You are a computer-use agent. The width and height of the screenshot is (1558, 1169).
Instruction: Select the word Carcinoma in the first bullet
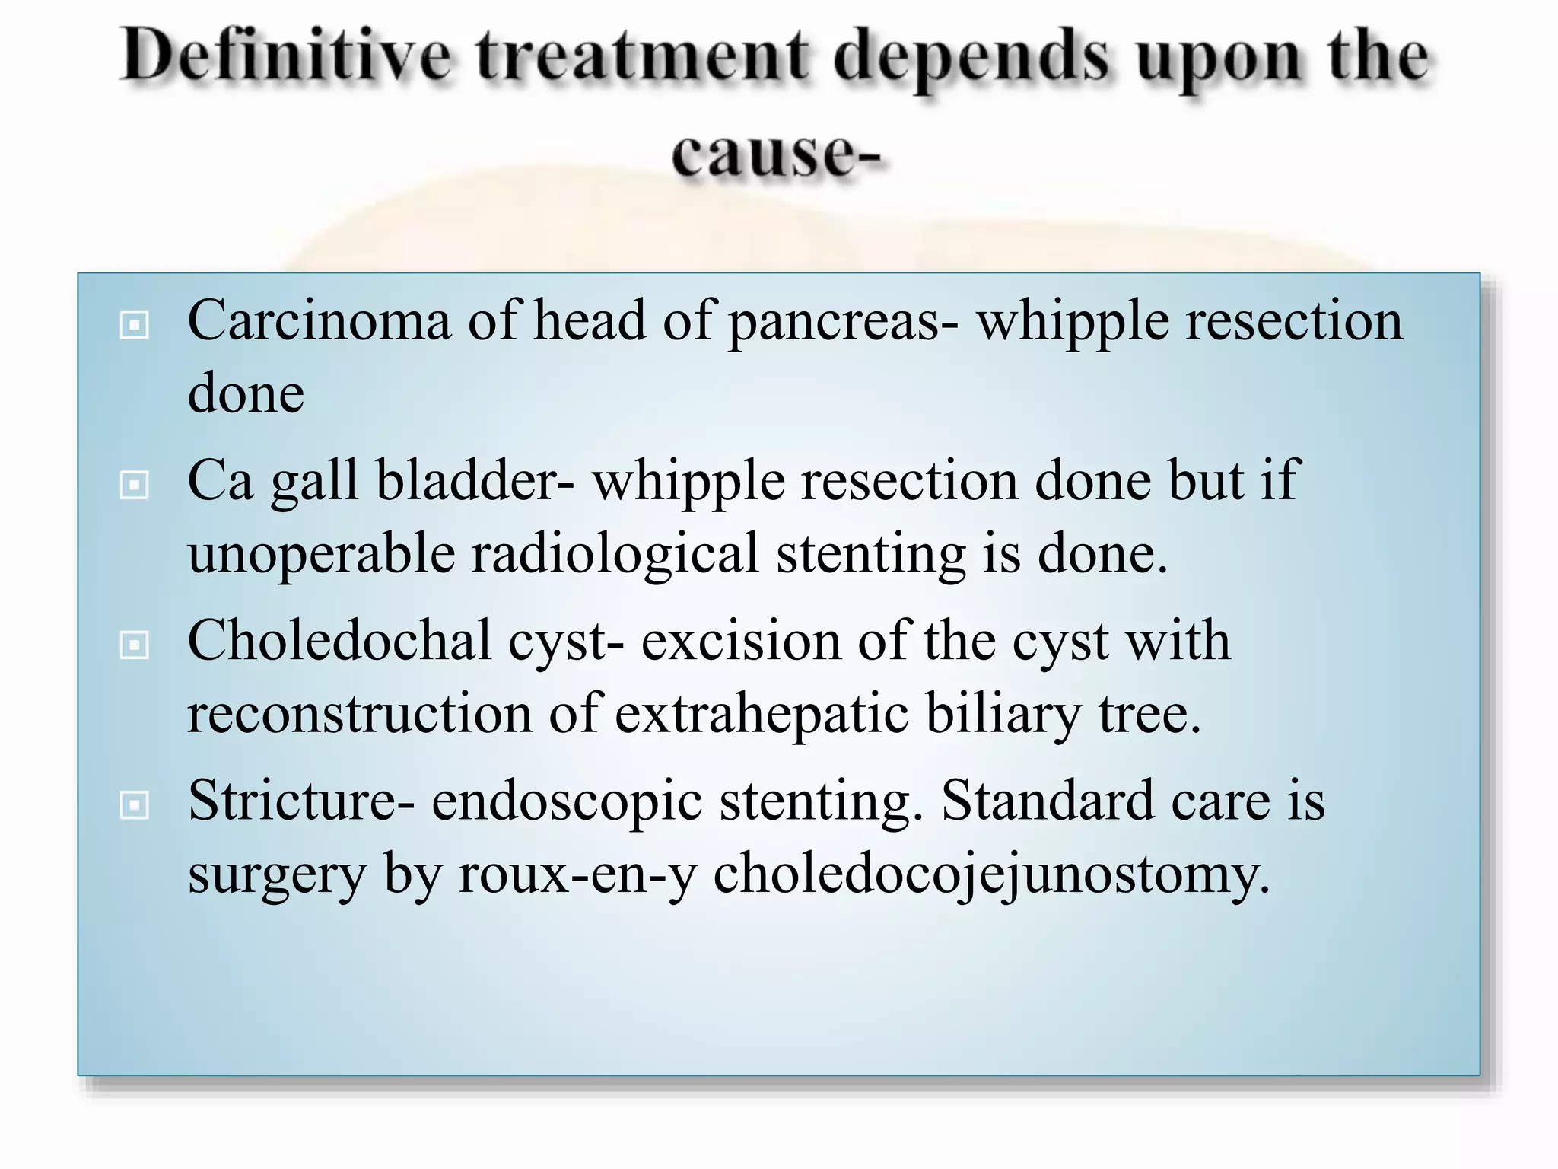[319, 320]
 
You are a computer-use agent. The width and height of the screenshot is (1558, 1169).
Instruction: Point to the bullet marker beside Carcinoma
[135, 325]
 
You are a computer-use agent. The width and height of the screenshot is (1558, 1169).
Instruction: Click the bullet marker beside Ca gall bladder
[135, 485]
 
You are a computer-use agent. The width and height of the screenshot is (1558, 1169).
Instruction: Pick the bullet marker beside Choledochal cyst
[135, 645]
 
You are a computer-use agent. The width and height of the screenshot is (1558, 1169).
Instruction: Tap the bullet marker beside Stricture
[135, 805]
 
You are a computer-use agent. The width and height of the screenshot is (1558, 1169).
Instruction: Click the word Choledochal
[339, 641]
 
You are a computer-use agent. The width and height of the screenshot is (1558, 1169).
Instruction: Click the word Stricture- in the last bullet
[301, 801]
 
